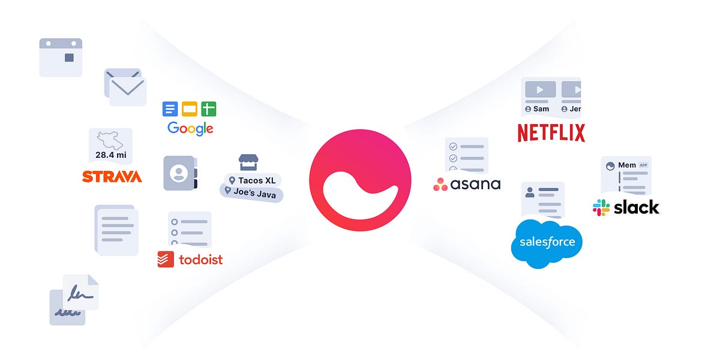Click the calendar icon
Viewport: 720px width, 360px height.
click(61, 57)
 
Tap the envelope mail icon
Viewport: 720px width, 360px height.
click(126, 88)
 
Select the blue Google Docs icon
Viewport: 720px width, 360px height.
click(170, 109)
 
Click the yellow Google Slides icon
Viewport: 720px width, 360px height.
click(190, 109)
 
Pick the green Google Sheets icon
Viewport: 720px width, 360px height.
click(209, 109)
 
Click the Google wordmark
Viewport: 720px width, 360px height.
click(190, 128)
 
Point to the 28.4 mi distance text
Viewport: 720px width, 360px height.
click(111, 155)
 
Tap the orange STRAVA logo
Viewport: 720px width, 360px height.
click(112, 176)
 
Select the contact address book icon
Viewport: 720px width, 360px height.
click(179, 173)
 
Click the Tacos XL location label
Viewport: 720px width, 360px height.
click(253, 180)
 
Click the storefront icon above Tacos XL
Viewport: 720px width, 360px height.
click(248, 162)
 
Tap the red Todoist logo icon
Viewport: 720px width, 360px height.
click(166, 259)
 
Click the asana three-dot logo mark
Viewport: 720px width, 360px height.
click(440, 184)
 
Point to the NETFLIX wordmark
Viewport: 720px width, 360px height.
click(551, 133)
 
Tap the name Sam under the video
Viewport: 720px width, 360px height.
click(541, 109)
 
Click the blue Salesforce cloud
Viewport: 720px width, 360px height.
click(547, 242)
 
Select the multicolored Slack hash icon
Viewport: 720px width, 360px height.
click(601, 208)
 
